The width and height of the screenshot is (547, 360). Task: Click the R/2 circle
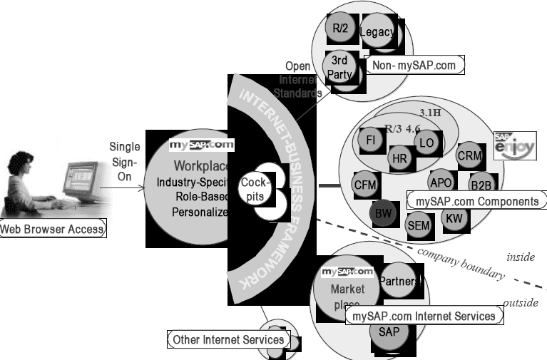[340, 29]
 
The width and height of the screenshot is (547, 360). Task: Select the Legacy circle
[377, 33]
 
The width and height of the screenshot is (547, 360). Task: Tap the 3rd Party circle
[339, 66]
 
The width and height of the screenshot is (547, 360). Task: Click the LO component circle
[426, 143]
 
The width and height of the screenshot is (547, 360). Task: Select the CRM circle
[469, 155]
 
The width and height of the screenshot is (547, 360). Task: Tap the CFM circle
[364, 185]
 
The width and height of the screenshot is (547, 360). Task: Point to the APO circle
[441, 182]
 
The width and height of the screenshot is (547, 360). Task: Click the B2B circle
[481, 185]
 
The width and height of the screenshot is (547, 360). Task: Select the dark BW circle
[382, 212]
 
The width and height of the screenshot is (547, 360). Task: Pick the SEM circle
[417, 225]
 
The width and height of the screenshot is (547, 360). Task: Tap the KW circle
[454, 217]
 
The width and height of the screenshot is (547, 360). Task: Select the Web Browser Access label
[52, 229]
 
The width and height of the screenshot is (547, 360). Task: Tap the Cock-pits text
[254, 188]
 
